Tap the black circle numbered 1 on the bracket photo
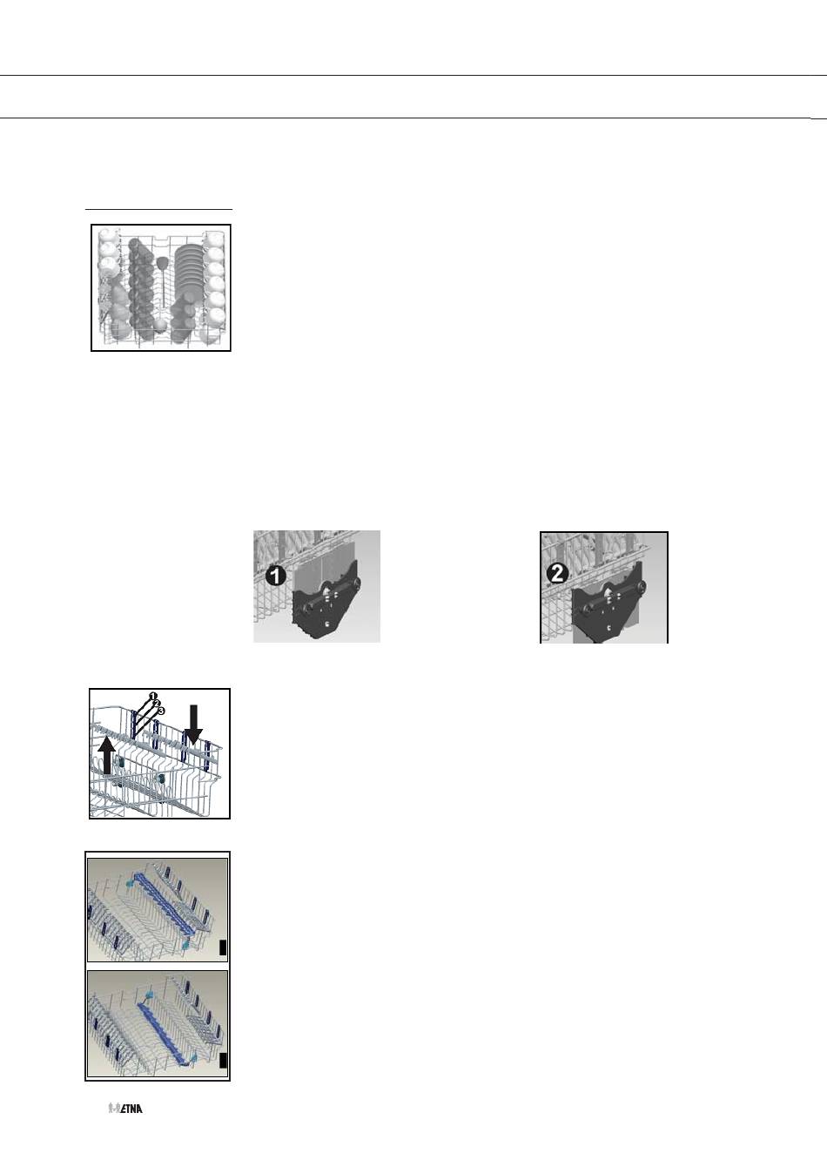tap(276, 576)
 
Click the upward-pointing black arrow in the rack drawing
tap(106, 756)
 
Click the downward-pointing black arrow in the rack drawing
tap(193, 725)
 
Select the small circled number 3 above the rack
tap(161, 711)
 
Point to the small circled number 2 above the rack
tap(157, 704)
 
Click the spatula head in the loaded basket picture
tap(163, 262)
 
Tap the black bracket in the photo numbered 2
tap(607, 602)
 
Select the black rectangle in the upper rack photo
tap(223, 948)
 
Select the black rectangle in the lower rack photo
tap(223, 1060)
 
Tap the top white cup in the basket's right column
tap(214, 240)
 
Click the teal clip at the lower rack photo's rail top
tap(150, 995)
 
